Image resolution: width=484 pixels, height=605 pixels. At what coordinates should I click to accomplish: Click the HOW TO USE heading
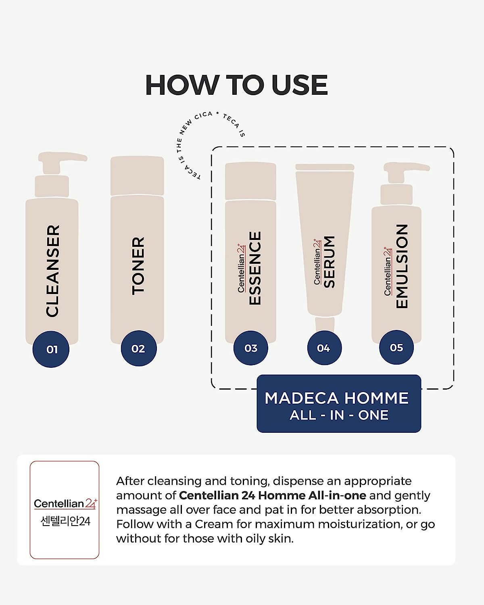click(236, 85)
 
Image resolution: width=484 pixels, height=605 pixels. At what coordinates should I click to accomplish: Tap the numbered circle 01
click(51, 349)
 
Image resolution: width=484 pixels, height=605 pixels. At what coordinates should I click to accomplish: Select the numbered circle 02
click(139, 348)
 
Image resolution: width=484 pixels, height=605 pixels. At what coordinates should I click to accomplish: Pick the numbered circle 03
click(250, 348)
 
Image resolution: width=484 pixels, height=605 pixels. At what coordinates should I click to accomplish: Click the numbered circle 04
click(324, 348)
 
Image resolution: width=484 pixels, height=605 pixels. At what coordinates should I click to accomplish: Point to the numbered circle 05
click(396, 347)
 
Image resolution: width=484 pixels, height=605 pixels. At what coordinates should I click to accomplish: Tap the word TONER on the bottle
click(138, 266)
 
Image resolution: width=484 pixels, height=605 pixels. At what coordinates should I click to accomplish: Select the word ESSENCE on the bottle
click(255, 268)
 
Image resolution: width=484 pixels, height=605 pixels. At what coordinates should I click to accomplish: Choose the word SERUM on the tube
click(329, 262)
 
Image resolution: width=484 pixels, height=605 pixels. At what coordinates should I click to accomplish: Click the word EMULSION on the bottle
click(402, 266)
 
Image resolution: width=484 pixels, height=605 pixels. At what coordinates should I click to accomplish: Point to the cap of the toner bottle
click(137, 176)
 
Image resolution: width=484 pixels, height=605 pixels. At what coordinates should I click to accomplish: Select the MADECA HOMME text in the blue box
click(337, 398)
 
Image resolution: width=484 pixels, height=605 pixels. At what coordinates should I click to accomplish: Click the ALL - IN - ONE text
click(339, 415)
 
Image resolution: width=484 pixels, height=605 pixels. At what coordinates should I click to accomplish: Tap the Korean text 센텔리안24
click(65, 522)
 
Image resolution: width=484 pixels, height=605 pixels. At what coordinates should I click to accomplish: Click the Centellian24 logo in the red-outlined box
click(65, 503)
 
